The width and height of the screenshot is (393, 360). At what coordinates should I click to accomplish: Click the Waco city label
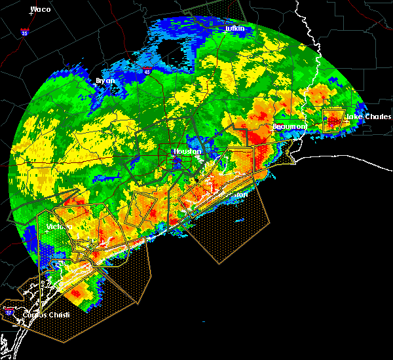[41, 10]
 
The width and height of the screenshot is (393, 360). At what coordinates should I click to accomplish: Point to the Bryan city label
[105, 81]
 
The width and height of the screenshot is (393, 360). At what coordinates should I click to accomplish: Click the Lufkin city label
[234, 29]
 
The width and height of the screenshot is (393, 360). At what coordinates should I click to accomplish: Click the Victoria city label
[58, 227]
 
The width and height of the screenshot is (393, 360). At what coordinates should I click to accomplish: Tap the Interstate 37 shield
[10, 314]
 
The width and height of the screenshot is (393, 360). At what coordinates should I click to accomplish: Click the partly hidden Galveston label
[240, 194]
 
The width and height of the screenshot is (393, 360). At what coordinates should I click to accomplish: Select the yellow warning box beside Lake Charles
[333, 120]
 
